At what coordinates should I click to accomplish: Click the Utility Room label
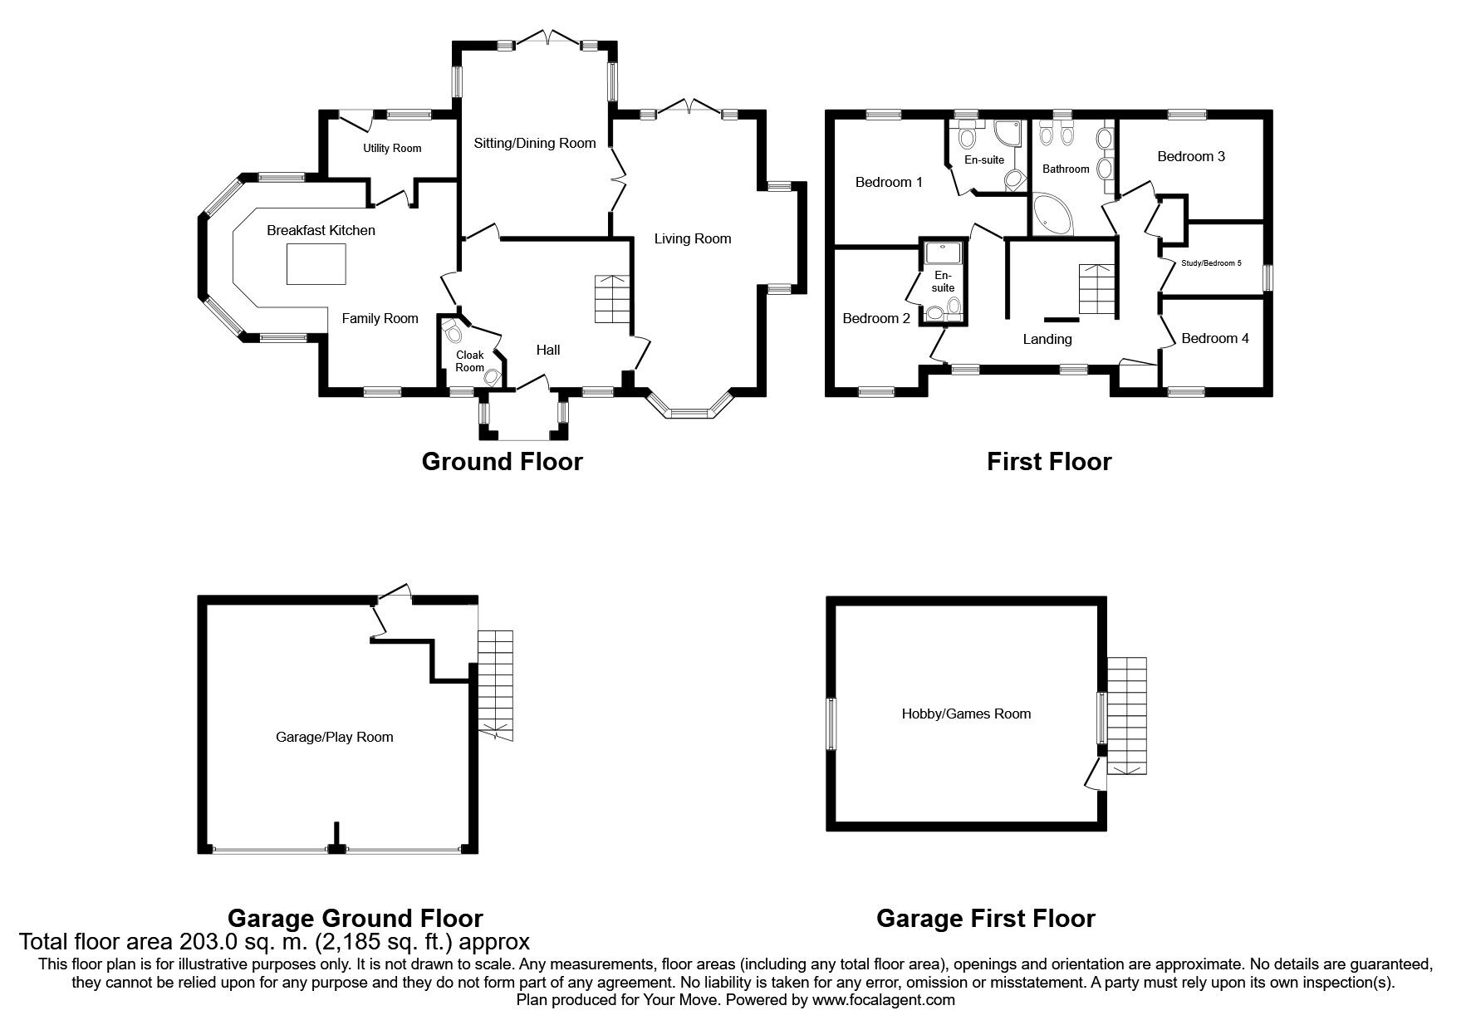coord(392,149)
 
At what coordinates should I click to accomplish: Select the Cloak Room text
coord(469,361)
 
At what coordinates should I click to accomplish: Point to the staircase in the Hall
coord(612,299)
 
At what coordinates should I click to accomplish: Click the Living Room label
coord(693,239)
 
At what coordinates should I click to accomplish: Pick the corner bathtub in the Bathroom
coord(1052,213)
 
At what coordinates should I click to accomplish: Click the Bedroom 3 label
coord(1191,156)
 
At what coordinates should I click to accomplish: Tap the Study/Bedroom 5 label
coord(1211,263)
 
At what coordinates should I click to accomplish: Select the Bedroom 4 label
coord(1215,338)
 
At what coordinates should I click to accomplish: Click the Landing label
coord(1047,339)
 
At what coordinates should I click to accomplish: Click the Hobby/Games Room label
coord(967,714)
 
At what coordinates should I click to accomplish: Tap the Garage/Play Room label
coord(334,737)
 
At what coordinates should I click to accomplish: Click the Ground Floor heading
coord(503,461)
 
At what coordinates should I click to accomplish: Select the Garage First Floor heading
coord(986,918)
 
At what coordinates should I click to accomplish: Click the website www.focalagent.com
coord(884,1000)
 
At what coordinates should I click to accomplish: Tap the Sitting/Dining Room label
coord(535,143)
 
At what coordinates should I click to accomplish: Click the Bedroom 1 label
coord(889,182)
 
